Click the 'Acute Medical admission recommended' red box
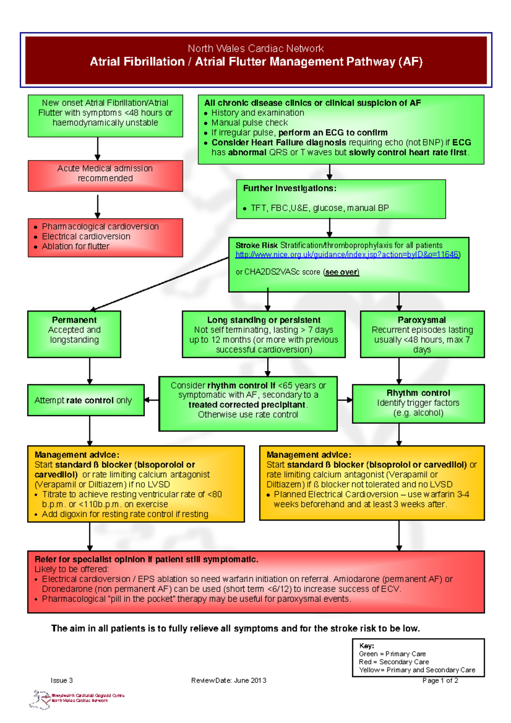[x=105, y=174]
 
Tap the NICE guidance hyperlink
[x=347, y=255]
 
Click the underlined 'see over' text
[x=341, y=272]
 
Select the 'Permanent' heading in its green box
[x=74, y=320]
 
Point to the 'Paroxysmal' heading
[x=422, y=320]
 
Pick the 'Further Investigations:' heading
[x=290, y=188]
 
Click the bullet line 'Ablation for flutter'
[x=75, y=247]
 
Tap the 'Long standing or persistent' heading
[x=264, y=320]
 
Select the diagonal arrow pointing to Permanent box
[x=160, y=284]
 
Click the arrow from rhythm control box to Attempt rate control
[x=151, y=400]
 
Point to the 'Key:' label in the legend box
[x=366, y=646]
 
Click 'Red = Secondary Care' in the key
[x=393, y=662]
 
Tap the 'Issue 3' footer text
[x=62, y=680]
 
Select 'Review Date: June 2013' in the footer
[x=229, y=680]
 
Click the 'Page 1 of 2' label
[x=440, y=680]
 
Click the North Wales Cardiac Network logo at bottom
[x=77, y=699]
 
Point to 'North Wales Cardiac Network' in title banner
[x=255, y=49]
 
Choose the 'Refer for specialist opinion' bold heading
[x=146, y=559]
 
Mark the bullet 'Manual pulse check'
[x=250, y=123]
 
